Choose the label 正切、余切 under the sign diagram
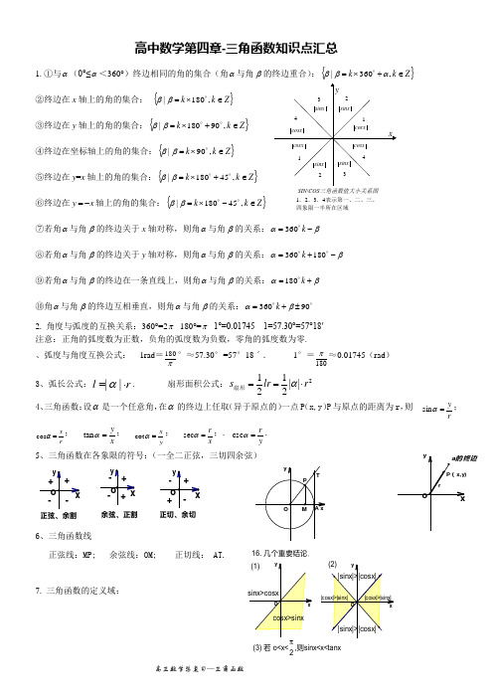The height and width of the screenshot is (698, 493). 178,515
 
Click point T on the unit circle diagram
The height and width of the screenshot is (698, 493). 315,475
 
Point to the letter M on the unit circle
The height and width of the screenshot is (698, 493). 302,509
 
